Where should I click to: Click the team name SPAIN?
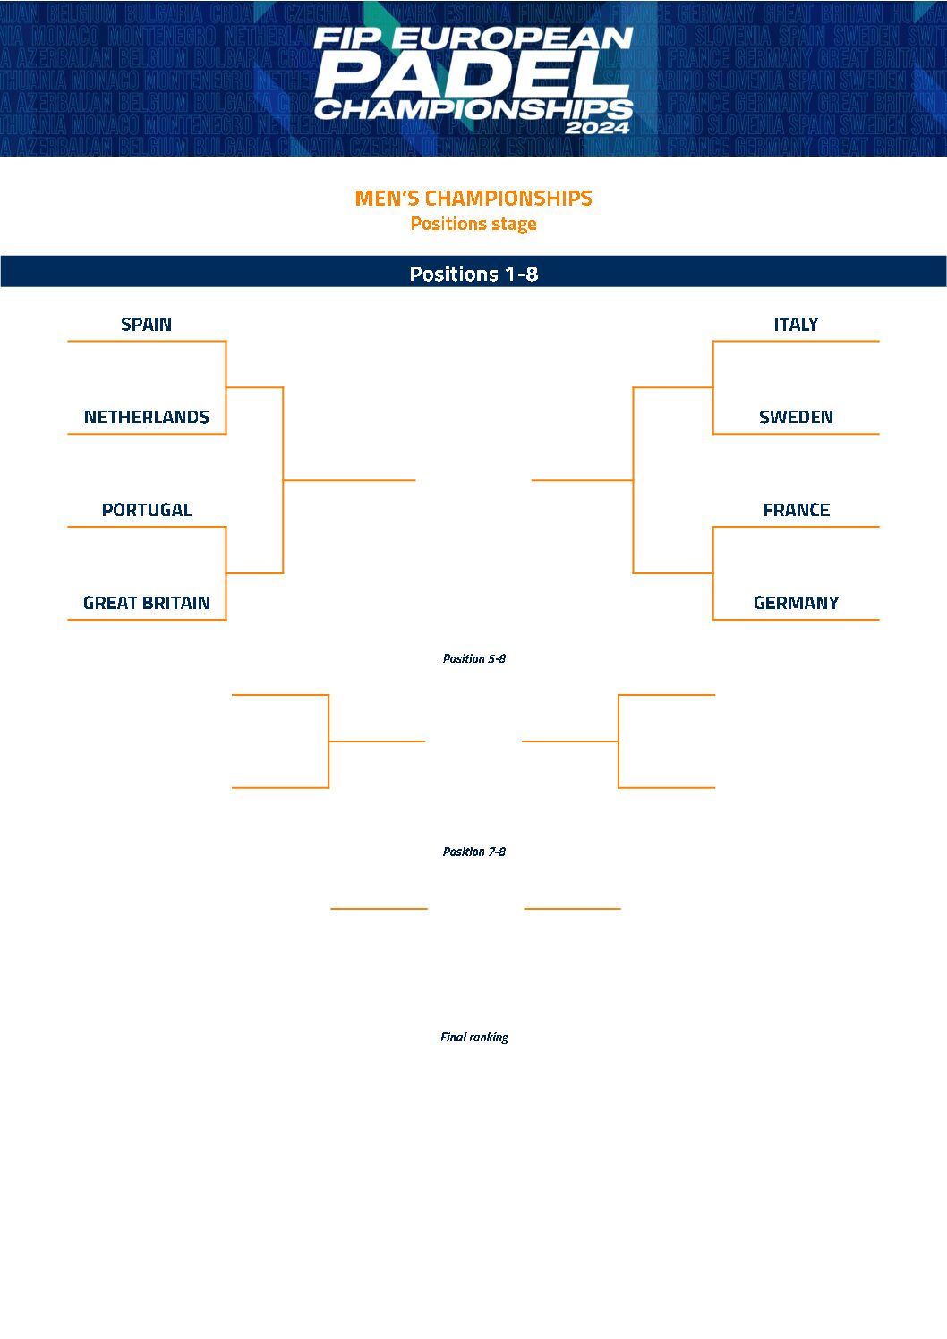[x=146, y=325]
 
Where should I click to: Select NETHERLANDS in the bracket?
[x=146, y=418]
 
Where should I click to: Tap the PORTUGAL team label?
[x=146, y=511]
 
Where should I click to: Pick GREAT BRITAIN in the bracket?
[x=146, y=604]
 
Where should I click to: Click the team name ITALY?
[x=796, y=325]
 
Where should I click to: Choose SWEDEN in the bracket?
[x=796, y=418]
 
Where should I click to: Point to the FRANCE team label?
[x=796, y=511]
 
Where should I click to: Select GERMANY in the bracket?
[x=796, y=604]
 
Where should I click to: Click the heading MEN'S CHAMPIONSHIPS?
[x=473, y=199]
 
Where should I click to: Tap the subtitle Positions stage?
[x=473, y=224]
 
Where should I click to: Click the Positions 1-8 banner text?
[x=473, y=274]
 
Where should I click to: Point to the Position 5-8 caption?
[x=473, y=658]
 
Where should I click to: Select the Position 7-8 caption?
[x=473, y=852]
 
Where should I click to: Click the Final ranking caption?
[x=473, y=1037]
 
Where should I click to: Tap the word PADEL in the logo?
[x=473, y=76]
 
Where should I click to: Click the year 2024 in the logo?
[x=597, y=127]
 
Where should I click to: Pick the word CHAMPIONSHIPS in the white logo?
[x=473, y=110]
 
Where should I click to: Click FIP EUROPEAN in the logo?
[x=473, y=38]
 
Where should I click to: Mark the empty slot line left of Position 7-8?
[x=379, y=908]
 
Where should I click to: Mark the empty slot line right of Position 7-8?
[x=572, y=908]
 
